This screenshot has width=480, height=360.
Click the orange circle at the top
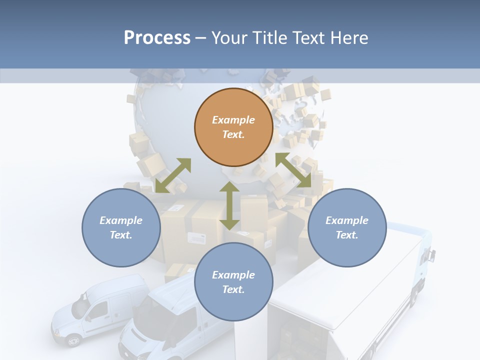point(233,127)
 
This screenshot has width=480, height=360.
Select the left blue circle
point(121,227)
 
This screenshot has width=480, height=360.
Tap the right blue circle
point(347,227)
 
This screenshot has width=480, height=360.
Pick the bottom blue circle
point(233,282)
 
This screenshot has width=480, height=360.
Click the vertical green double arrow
point(229,205)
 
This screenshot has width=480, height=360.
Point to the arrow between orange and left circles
point(173,175)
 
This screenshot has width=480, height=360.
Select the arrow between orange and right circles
point(293,170)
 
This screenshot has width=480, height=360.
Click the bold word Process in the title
point(157,37)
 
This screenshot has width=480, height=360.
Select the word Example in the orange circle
point(233,120)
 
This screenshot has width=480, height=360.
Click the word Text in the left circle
point(120,235)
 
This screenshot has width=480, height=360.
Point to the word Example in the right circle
point(347,220)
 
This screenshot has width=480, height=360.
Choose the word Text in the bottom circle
point(232,289)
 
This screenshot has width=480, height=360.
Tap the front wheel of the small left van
point(73,340)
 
